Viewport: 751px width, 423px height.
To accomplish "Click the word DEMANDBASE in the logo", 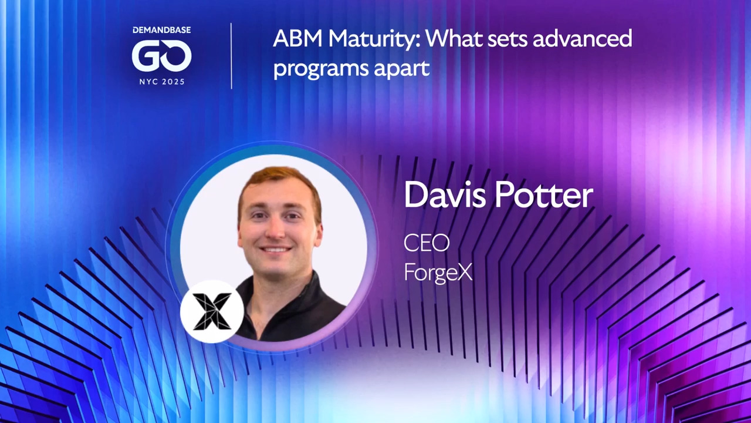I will [x=161, y=30].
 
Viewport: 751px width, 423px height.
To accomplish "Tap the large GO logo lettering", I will [x=161, y=56].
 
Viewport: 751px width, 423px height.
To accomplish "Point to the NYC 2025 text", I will [x=161, y=82].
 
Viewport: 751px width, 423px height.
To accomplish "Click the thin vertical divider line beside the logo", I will [x=231, y=56].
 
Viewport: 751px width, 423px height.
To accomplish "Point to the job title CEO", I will [x=426, y=243].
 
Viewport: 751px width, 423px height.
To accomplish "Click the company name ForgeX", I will [x=438, y=272].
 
